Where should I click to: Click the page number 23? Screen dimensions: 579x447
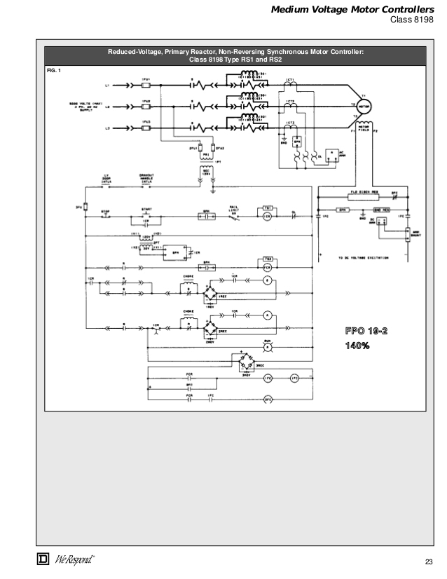pos(429,561)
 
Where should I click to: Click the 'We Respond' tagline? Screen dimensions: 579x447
pos(74,559)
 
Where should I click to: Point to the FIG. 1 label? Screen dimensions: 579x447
pos(53,71)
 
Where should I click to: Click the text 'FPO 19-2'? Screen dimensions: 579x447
pos(366,331)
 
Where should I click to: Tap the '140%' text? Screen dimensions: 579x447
pos(357,346)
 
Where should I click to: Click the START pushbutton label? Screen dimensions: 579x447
pos(146,209)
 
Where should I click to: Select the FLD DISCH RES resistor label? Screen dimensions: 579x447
pos(361,192)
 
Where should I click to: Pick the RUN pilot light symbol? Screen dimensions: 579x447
pos(267,347)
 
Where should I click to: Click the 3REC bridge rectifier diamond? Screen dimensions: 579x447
pos(246,362)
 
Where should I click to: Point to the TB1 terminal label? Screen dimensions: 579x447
pos(267,208)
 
